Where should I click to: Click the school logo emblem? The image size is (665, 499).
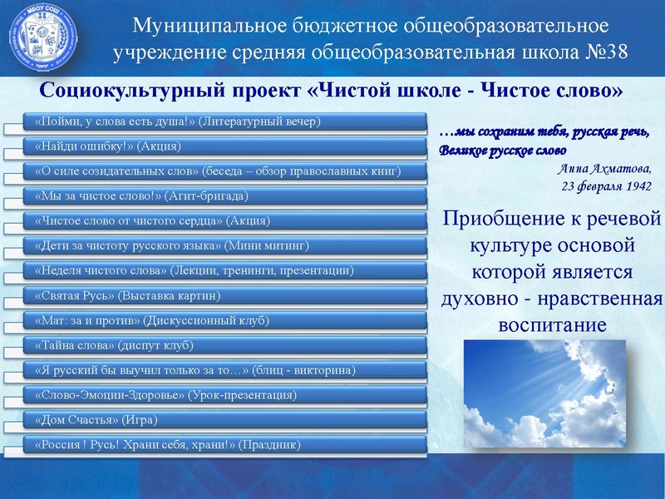(39, 36)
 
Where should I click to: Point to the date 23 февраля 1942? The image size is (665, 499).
(606, 185)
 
